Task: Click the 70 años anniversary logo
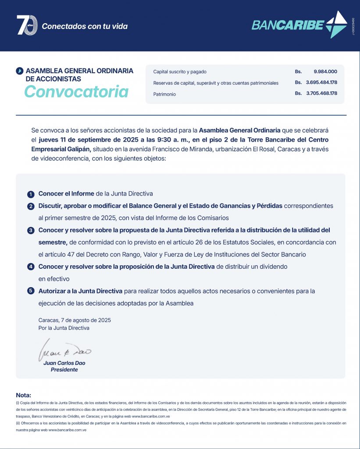tap(27, 25)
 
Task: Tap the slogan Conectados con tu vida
tap(85, 26)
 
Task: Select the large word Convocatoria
tap(76, 91)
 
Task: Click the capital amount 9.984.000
tap(325, 71)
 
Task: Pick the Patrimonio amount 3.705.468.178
tap(321, 93)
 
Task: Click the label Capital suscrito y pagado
tap(180, 71)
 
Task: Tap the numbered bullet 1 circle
tap(31, 194)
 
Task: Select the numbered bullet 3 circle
tap(31, 231)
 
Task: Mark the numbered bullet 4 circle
tap(31, 267)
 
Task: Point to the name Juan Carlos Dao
tap(64, 363)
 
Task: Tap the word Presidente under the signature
tap(64, 370)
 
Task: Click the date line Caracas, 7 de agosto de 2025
tap(75, 320)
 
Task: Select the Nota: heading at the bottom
tap(24, 395)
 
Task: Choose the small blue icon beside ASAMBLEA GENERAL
tap(19, 71)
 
